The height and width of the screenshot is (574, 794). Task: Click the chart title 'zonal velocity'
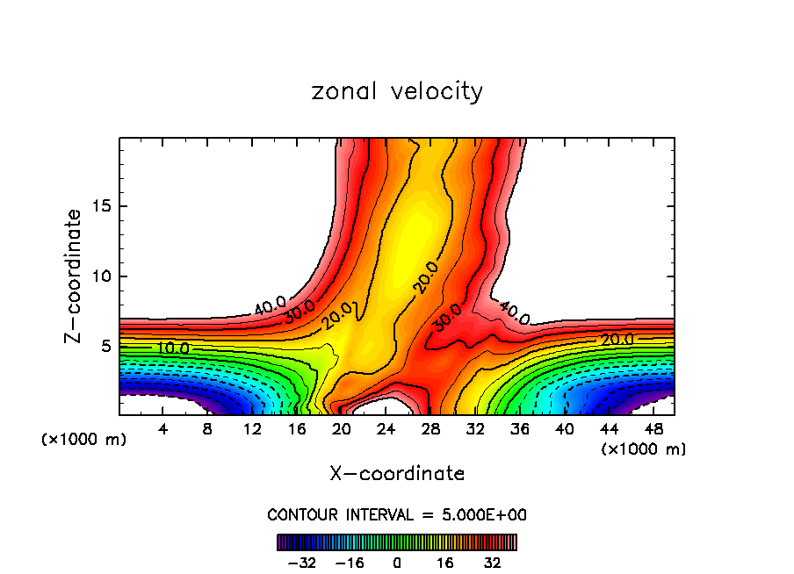click(397, 91)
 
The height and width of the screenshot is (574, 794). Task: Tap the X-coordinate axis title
click(397, 474)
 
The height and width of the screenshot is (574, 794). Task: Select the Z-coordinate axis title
click(76, 276)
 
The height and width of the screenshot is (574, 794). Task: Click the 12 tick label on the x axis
click(252, 429)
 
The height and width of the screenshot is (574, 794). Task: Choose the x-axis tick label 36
click(519, 429)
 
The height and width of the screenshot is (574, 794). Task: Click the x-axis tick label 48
click(653, 429)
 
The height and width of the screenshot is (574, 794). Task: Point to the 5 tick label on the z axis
click(104, 346)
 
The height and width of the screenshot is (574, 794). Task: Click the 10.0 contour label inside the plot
click(172, 348)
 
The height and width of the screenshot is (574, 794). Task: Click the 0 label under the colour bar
click(397, 563)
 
